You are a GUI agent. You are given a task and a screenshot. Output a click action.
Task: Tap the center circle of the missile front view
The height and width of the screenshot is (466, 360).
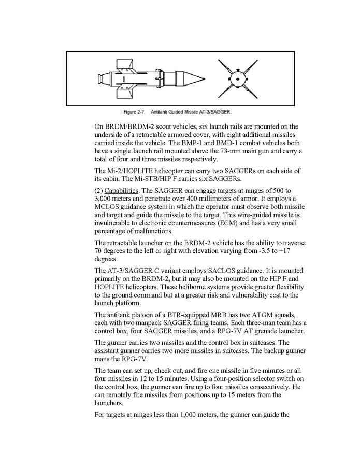(236, 79)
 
